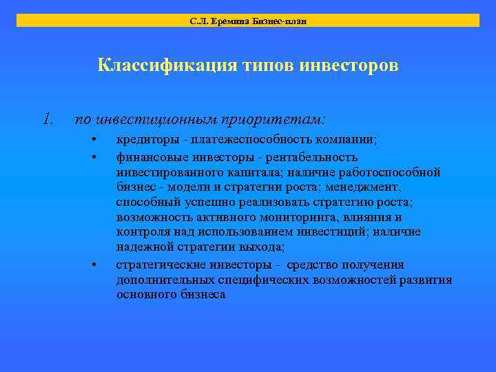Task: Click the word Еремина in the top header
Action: pyautogui.click(x=225, y=21)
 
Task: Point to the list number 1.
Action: pyautogui.click(x=47, y=119)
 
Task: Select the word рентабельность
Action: pyautogui.click(x=313, y=157)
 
